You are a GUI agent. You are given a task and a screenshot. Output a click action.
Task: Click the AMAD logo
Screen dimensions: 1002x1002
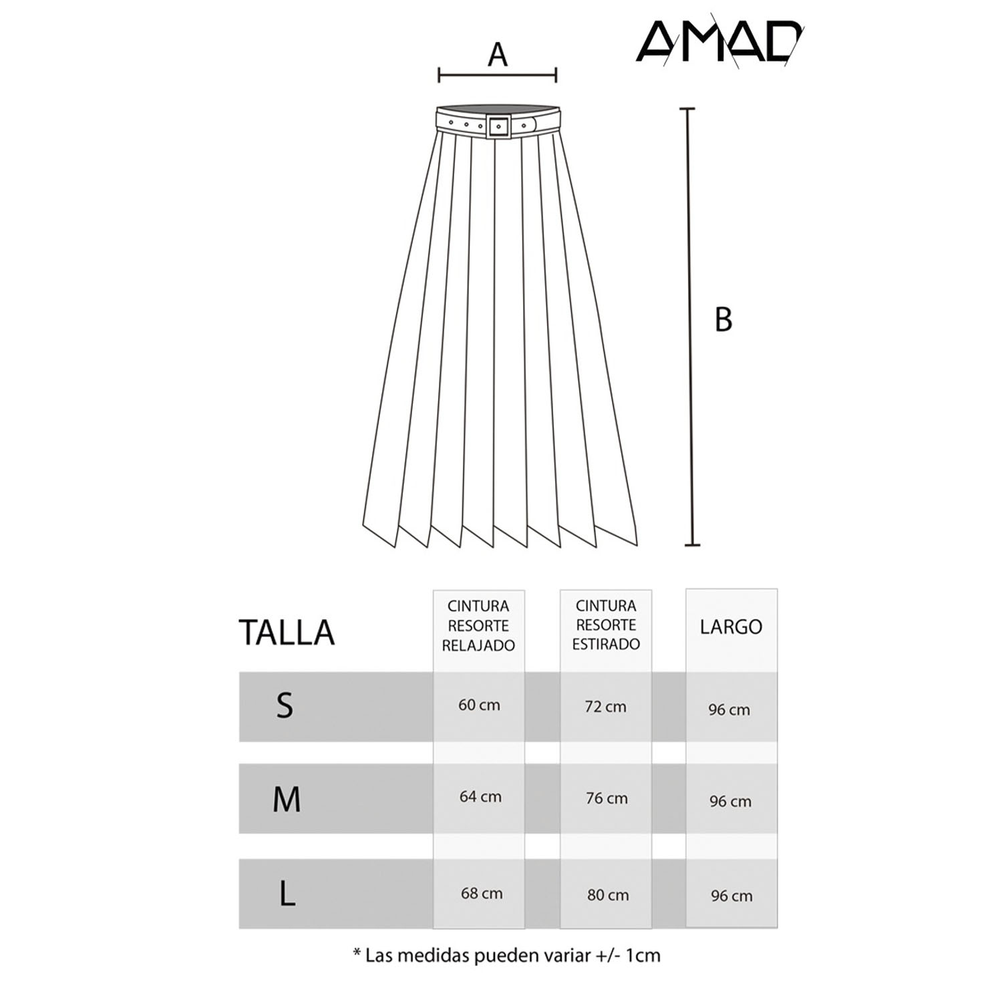(x=718, y=42)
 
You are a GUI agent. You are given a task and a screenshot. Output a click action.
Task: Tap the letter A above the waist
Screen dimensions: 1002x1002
(x=498, y=55)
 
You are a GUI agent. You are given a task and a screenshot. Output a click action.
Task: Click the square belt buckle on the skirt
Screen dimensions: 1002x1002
(x=498, y=126)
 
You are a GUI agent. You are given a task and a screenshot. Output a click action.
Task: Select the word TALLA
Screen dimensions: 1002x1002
(x=287, y=632)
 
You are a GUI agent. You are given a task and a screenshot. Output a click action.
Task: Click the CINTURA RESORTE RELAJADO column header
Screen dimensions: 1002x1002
(x=478, y=626)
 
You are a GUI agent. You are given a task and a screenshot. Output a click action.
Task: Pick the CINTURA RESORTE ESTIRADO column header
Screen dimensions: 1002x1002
(x=606, y=625)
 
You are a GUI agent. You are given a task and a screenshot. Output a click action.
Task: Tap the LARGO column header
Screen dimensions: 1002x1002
(x=731, y=627)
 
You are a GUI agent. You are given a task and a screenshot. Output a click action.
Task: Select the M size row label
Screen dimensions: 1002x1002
(x=287, y=799)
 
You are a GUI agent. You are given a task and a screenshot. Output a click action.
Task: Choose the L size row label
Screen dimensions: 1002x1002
(x=287, y=893)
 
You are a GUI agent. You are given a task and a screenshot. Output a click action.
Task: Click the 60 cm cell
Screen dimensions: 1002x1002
(x=479, y=705)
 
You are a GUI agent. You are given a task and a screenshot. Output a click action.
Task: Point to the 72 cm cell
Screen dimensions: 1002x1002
(x=606, y=706)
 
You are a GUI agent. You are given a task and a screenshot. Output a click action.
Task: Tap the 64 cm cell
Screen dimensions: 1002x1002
(x=480, y=796)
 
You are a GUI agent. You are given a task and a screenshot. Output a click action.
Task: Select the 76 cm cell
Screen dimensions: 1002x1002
(x=607, y=798)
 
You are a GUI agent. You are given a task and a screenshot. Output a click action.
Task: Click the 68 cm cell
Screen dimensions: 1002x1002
(x=482, y=893)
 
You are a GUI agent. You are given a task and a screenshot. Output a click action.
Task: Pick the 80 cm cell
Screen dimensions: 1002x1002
(x=608, y=895)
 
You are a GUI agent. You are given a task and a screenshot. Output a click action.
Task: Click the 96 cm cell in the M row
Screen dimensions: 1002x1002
(x=730, y=801)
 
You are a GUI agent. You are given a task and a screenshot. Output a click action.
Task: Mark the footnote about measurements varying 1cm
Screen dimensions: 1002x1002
(x=506, y=955)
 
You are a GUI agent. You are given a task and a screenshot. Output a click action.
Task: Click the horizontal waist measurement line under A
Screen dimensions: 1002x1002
(x=498, y=75)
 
